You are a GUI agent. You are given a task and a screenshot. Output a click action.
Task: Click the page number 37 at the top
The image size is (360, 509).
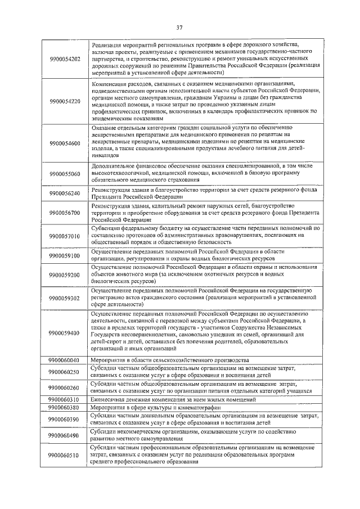tap(180, 26)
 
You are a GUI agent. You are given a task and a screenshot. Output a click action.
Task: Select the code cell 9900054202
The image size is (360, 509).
tap(65, 58)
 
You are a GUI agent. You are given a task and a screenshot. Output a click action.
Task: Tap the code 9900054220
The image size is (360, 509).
tap(65, 101)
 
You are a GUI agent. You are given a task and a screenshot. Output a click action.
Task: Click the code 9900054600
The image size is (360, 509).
tap(65, 143)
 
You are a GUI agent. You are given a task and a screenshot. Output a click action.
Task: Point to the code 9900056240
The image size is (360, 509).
tap(65, 194)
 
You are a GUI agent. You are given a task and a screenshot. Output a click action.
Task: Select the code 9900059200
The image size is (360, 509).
tap(65, 275)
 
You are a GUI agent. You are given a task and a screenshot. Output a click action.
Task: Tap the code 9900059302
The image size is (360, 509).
tap(65, 298)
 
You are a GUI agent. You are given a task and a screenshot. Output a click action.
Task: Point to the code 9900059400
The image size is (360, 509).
tap(65, 333)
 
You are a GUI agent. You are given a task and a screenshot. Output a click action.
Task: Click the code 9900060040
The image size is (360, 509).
tap(65, 360)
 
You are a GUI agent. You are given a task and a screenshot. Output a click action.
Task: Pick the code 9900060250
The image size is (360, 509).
tap(65, 372)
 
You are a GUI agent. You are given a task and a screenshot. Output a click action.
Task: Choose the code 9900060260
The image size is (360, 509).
tap(65, 388)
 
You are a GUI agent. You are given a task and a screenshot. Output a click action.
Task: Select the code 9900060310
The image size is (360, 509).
tap(65, 399)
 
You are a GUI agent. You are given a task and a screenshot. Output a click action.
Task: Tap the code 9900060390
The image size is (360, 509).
tap(65, 419)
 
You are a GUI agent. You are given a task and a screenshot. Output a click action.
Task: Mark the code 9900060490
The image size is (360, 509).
tap(65, 435)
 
